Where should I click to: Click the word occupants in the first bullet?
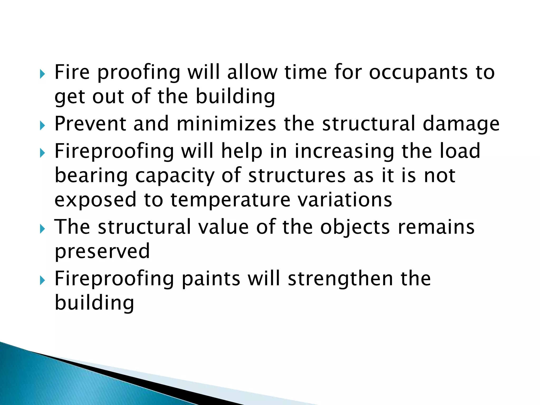pyautogui.click(x=418, y=73)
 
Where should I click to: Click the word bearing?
pyautogui.click(x=91, y=176)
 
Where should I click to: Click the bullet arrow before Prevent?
pyautogui.click(x=42, y=126)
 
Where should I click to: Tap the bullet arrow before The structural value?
pyautogui.click(x=42, y=229)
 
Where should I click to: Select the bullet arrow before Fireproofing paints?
pyautogui.click(x=42, y=281)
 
